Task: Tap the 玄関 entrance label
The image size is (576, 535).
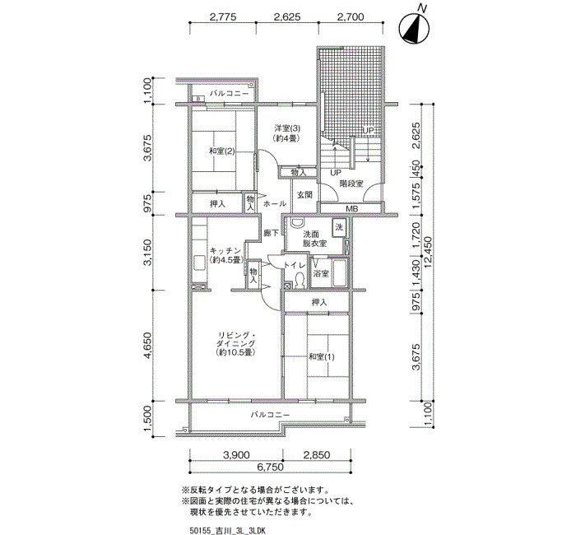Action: pos(304,195)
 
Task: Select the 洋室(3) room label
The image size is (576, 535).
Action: pos(287,128)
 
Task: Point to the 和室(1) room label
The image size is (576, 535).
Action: pos(322,356)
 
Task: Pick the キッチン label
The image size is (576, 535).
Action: pos(225,250)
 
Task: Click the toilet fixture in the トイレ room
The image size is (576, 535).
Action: pos(300,281)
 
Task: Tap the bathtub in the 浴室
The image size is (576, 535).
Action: pos(340,273)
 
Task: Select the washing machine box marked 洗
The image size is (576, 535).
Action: pos(339,228)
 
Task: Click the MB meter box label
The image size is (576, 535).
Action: pos(352,209)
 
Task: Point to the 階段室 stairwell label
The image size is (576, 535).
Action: pos(351,184)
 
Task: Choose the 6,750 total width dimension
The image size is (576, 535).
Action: pos(271,467)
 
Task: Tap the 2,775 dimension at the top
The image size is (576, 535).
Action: pos(223,17)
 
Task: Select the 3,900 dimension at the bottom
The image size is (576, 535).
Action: pos(236,455)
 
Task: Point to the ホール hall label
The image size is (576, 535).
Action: pos(275,203)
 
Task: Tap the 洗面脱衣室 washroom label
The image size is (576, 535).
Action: pos(315,239)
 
